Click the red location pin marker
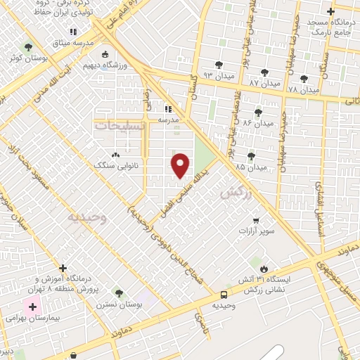181,165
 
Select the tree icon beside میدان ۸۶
259,112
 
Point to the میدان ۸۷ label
265,83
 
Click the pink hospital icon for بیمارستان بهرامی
32,308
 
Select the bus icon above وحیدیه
224,295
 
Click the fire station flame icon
264,269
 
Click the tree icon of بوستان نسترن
118,292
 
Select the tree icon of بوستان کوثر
28,48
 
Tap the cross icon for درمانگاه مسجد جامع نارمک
330,12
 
